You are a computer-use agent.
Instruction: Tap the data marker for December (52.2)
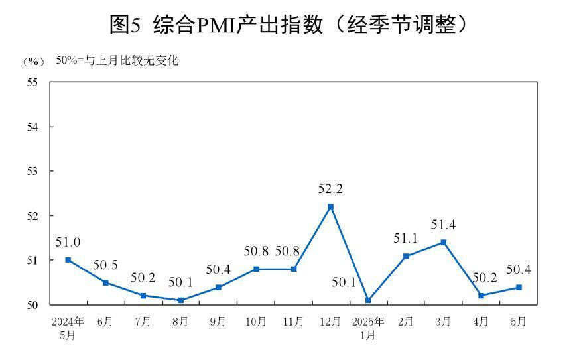tap(330, 207)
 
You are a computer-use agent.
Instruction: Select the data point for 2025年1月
tap(368, 300)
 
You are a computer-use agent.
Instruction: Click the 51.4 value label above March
tap(443, 225)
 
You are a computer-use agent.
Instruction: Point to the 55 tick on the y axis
tap(32, 82)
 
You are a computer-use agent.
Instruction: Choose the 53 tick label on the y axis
tap(32, 171)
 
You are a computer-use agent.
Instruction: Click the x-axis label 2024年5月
tap(68, 328)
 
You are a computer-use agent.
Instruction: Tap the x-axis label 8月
tap(180, 322)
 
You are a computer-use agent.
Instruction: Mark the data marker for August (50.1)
tap(180, 300)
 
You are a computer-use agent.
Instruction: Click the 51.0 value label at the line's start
tap(68, 243)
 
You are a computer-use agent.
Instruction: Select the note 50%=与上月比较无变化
tap(117, 61)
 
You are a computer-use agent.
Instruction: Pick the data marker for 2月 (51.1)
tap(406, 256)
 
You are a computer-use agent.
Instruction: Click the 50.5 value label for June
tap(105, 265)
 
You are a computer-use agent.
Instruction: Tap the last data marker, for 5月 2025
tap(519, 287)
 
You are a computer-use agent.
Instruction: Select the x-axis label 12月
tap(330, 322)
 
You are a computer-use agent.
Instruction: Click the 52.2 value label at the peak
tap(330, 190)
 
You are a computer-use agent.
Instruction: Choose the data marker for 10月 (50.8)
tap(255, 269)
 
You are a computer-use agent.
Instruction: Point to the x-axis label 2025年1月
tap(368, 328)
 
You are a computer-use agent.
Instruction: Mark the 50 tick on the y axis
tap(32, 305)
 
